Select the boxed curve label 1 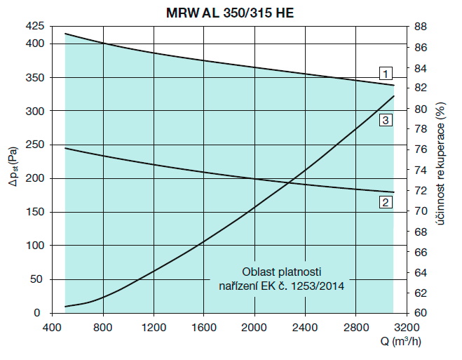[x=385, y=72]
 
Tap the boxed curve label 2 [x=385, y=203]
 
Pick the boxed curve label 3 [x=385, y=121]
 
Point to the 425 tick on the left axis [x=34, y=27]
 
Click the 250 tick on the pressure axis [x=34, y=145]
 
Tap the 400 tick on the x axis [x=51, y=326]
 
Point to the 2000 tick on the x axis [x=254, y=326]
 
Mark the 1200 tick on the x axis [x=153, y=326]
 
